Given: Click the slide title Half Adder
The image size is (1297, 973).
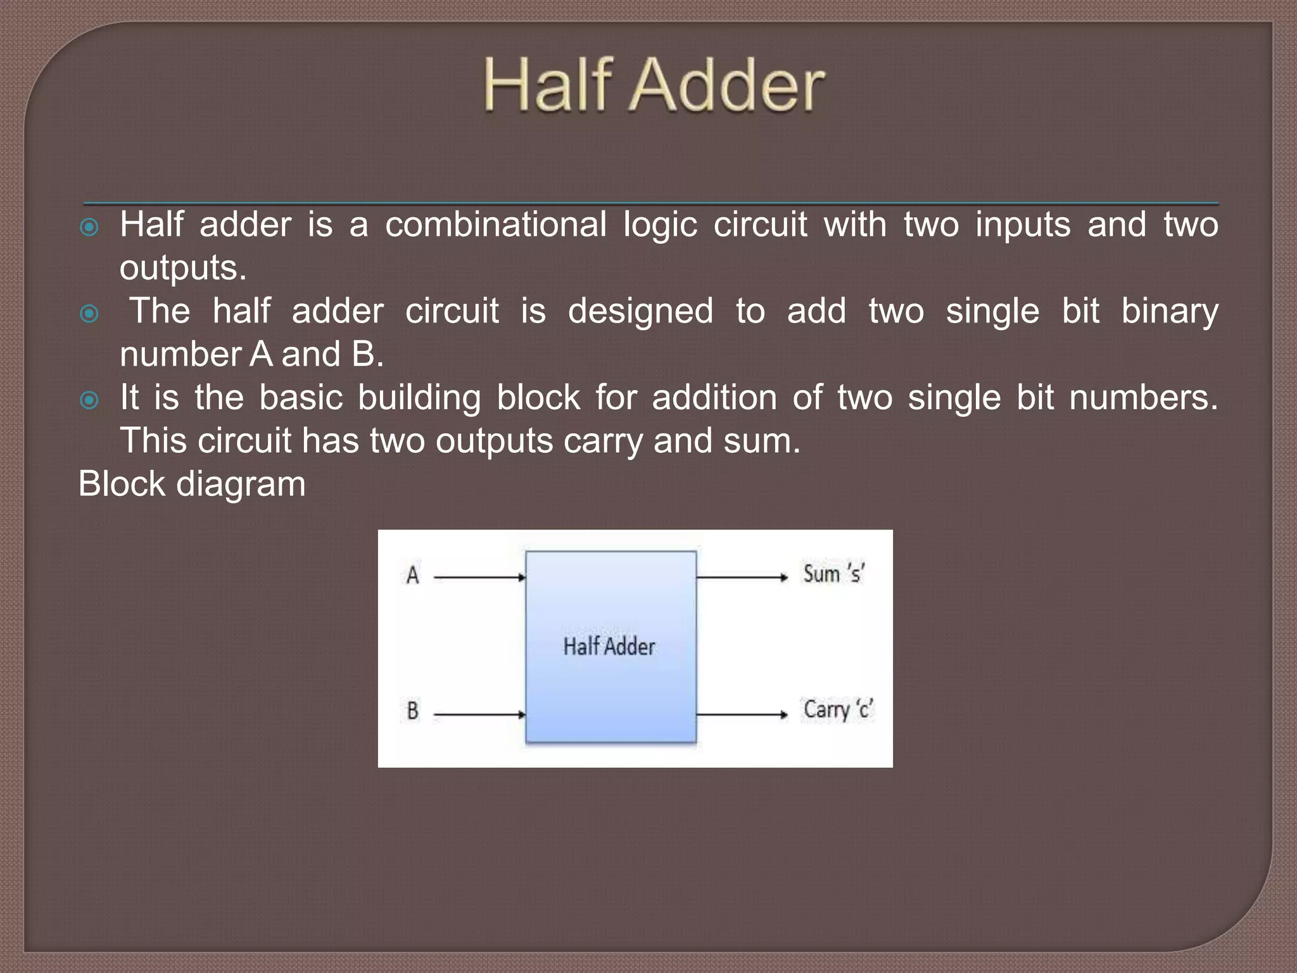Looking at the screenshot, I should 654,85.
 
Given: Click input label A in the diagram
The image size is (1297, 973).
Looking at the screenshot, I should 412,575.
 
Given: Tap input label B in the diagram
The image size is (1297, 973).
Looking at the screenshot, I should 412,710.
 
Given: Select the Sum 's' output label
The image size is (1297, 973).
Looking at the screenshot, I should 833,573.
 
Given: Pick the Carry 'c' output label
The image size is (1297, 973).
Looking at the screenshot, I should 838,709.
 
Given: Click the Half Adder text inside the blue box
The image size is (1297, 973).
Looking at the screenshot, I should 609,646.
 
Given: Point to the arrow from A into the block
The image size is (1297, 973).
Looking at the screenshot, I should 479,577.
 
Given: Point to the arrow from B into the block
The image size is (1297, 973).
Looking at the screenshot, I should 479,715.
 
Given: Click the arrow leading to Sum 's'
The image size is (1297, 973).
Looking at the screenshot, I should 741,577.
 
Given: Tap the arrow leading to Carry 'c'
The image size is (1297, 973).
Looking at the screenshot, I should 741,715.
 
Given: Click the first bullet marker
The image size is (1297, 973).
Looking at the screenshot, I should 90,227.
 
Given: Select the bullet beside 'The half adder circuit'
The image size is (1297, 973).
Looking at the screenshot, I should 90,313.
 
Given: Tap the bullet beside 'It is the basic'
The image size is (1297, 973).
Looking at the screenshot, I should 90,400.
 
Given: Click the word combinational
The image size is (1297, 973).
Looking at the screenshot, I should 495,225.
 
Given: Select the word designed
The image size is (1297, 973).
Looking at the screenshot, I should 640,312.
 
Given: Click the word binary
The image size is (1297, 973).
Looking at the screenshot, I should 1169,312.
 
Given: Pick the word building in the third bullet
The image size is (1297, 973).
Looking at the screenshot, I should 419,398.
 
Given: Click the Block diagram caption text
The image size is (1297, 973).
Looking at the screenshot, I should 192,484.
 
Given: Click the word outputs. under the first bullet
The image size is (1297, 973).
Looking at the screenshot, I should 182,268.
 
